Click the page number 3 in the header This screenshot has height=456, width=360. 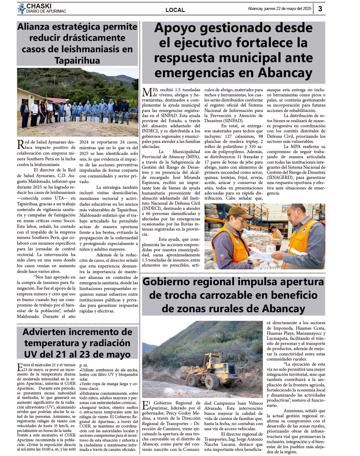tap(320, 9)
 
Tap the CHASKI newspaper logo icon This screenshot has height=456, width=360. tap(21, 9)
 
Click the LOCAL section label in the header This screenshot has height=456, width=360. tap(175, 10)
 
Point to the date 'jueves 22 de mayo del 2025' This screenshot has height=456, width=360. tap(288, 9)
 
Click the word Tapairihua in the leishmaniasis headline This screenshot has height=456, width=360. tap(77, 61)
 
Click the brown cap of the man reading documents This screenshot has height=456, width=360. tap(238, 211)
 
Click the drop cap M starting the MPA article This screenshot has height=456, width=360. tap(147, 92)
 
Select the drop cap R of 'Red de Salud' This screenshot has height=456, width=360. tap(21, 144)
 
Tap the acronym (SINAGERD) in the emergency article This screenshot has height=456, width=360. tap(280, 177)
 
